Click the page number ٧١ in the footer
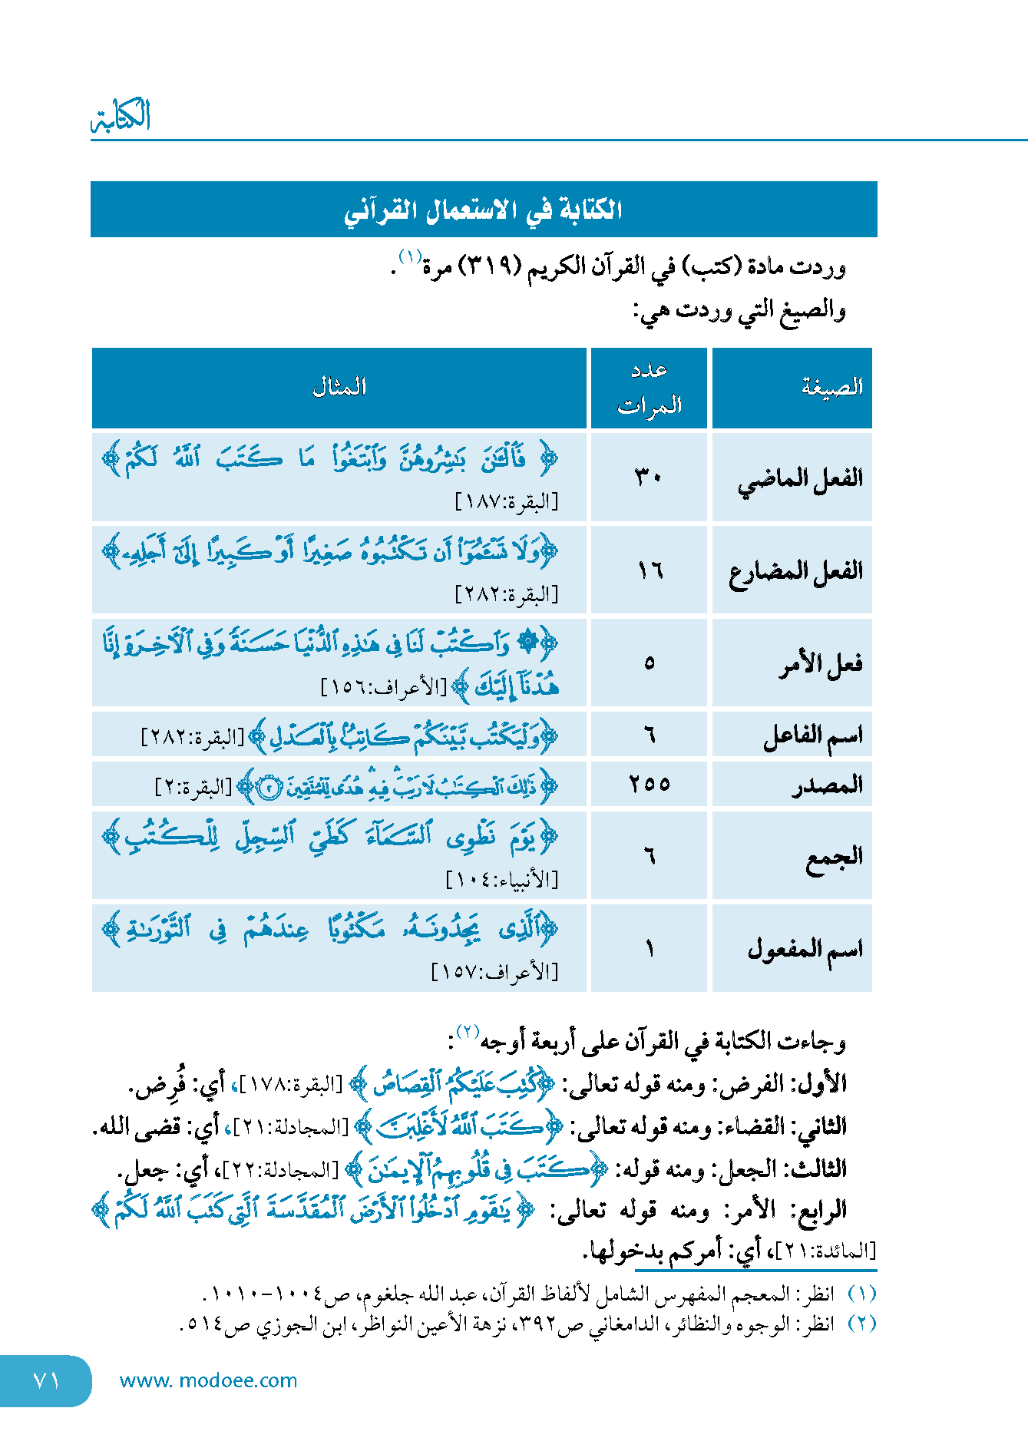(46, 1380)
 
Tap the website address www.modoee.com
(208, 1380)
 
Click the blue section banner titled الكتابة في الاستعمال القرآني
(484, 210)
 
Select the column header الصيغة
(831, 387)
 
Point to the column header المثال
(339, 387)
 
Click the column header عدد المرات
(650, 388)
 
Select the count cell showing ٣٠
(649, 478)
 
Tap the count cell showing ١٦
(650, 570)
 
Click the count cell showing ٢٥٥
(650, 785)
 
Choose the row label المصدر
(827, 785)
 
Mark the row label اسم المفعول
(805, 950)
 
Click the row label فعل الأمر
(821, 663)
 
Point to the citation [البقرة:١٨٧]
(507, 503)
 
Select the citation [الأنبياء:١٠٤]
(502, 879)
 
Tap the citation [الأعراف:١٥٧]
(495, 973)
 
